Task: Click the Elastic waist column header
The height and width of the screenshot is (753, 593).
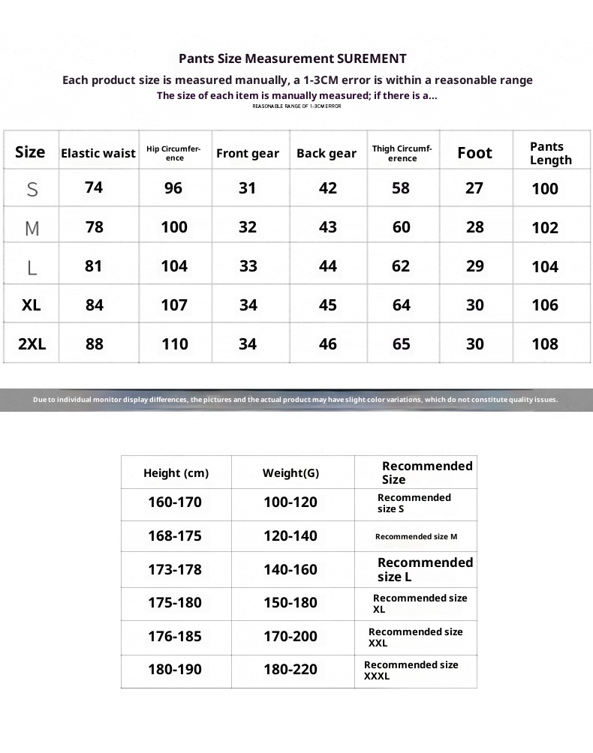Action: coord(98,153)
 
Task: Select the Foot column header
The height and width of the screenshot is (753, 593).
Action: coord(474,153)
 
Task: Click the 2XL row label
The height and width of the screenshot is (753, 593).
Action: coord(32,344)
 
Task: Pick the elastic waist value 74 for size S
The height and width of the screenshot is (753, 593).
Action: coord(94,187)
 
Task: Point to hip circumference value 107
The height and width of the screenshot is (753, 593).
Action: coord(174,305)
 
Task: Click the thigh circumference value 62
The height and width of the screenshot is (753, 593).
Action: coord(401,266)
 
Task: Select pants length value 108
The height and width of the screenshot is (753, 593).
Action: coord(544,344)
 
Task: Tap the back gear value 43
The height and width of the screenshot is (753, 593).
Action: coord(327,227)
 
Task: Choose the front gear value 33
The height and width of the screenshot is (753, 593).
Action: coord(248,266)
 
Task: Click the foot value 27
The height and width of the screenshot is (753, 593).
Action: coord(474,187)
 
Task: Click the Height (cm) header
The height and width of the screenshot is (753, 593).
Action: coord(176,473)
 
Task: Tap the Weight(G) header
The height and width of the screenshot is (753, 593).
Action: coord(290,473)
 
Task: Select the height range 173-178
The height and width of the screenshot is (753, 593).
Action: coord(175,570)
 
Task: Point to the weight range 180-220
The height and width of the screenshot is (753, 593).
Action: coord(290,670)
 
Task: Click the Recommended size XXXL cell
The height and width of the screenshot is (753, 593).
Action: coord(411,670)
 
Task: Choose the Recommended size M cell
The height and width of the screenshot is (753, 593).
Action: coord(416,536)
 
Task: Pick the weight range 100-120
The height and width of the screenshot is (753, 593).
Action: coord(290,502)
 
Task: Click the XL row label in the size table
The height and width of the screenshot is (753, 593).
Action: coord(32,305)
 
